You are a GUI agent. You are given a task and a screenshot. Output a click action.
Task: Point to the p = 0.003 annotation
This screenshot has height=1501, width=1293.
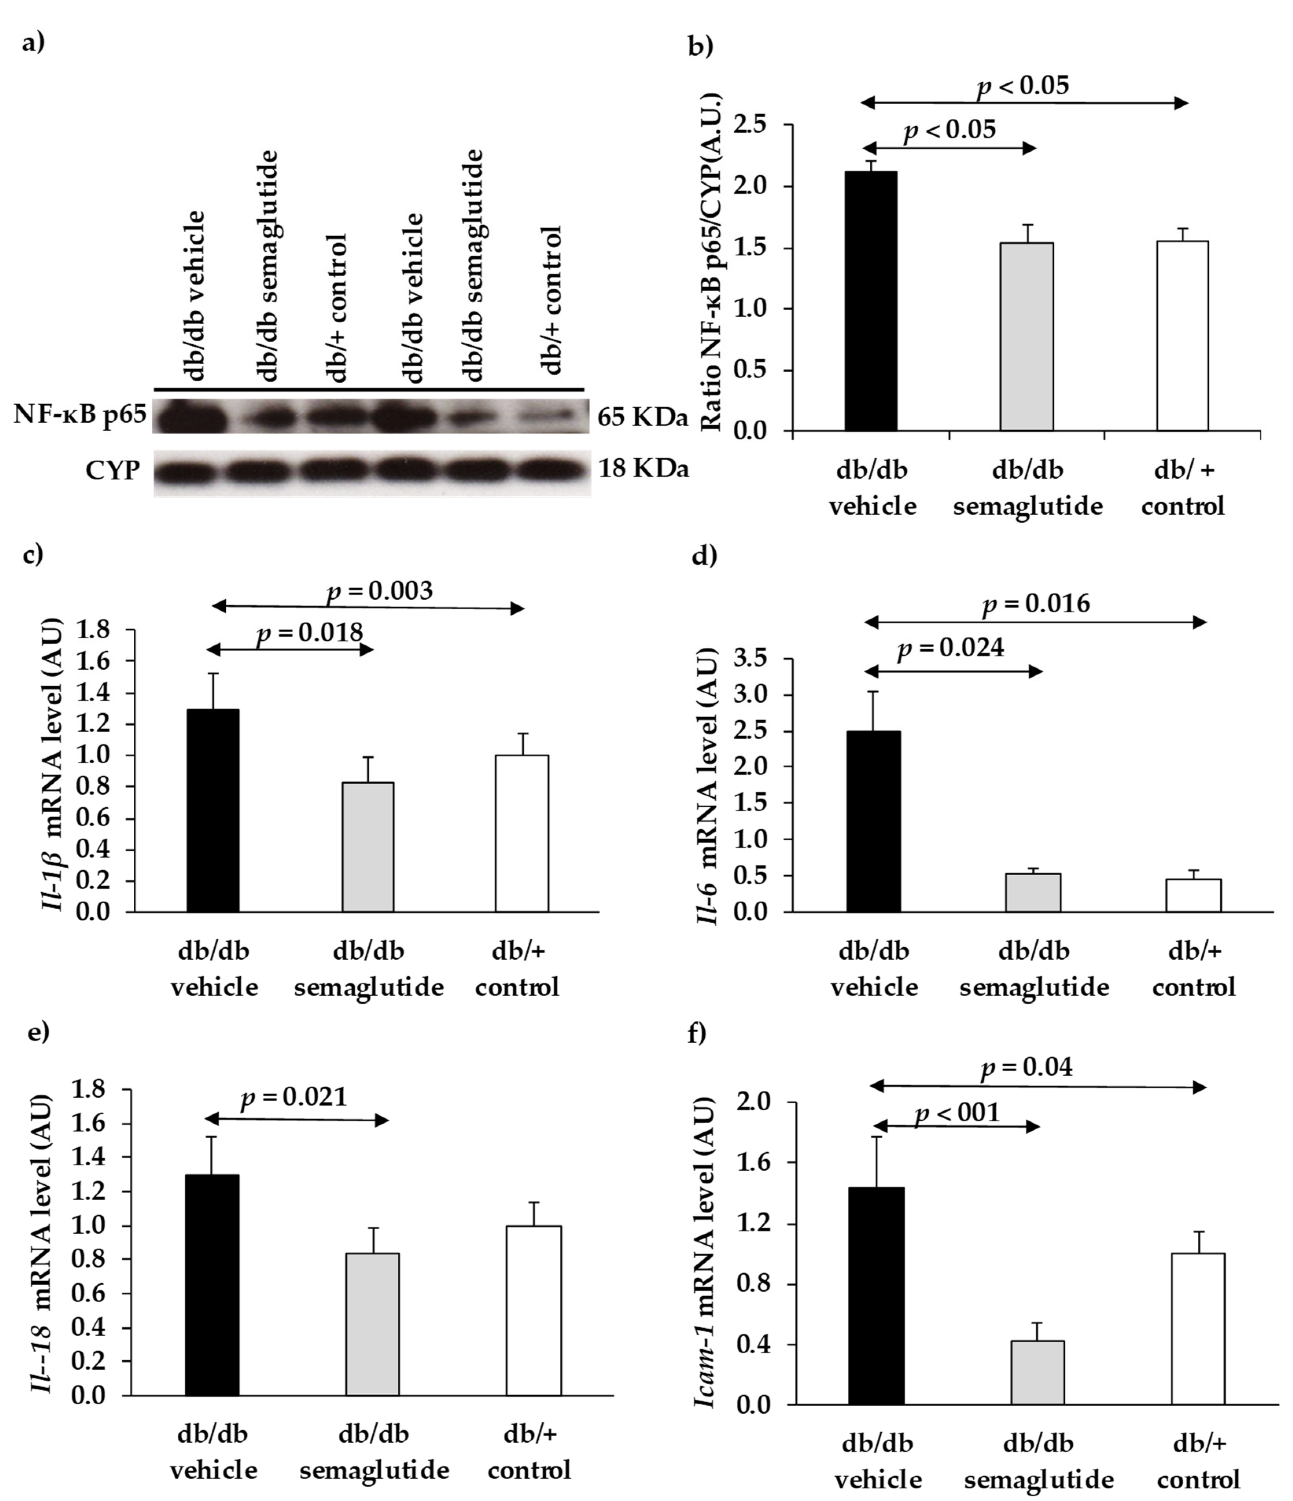click(380, 591)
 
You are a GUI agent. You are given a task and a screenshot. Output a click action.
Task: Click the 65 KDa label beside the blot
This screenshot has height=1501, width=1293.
click(642, 418)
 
